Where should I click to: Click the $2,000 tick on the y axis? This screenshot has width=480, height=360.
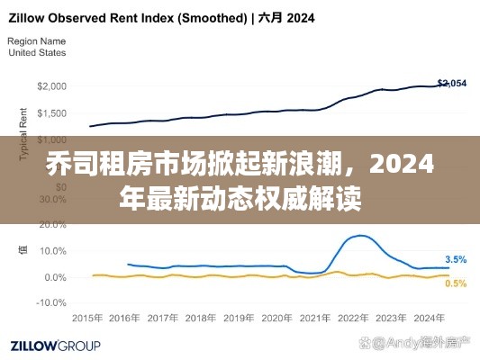point(50,86)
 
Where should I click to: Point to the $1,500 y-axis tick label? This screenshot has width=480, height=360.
point(50,113)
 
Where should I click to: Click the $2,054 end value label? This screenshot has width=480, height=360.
point(451,83)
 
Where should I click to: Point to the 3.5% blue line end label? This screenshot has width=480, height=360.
point(456,259)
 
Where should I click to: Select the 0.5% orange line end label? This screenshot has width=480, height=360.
point(456,283)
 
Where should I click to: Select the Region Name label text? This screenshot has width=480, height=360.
point(36,41)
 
